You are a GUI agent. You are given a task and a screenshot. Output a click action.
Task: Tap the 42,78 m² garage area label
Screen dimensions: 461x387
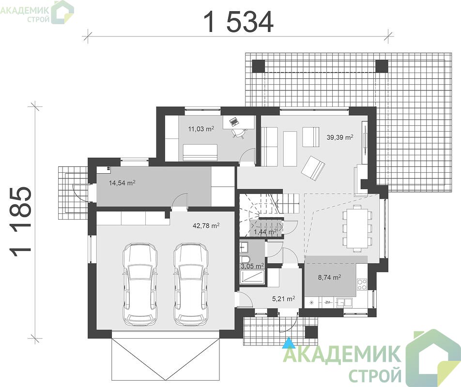click(206, 225)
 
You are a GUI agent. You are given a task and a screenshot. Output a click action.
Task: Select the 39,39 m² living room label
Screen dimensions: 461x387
click(340, 137)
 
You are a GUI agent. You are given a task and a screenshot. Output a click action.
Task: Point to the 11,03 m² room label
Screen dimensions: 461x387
click(201, 129)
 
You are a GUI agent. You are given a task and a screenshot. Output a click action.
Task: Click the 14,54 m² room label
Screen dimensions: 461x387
click(122, 183)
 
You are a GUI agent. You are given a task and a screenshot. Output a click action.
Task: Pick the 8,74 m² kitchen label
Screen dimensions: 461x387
click(330, 277)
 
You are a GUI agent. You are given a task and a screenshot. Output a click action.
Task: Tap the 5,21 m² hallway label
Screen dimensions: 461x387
click(283, 299)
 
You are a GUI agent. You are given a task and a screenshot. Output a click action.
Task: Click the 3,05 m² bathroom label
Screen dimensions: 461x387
click(252, 266)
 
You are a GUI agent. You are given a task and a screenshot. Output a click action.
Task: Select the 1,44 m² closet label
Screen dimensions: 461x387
click(265, 232)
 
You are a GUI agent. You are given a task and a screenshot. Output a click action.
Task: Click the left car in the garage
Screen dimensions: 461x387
click(140, 284)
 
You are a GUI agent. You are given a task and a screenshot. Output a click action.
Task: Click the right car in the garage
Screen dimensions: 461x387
click(191, 284)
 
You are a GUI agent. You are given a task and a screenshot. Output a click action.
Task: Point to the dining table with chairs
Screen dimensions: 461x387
click(357, 228)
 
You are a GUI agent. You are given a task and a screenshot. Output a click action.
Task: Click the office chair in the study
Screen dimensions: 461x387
click(238, 133)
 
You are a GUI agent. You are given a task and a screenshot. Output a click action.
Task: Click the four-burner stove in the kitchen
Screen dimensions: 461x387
click(362, 283)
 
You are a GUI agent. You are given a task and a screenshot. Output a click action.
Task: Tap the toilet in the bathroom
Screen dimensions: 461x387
click(245, 260)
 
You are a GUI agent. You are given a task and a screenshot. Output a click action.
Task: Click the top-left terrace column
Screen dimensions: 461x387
click(259, 66)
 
